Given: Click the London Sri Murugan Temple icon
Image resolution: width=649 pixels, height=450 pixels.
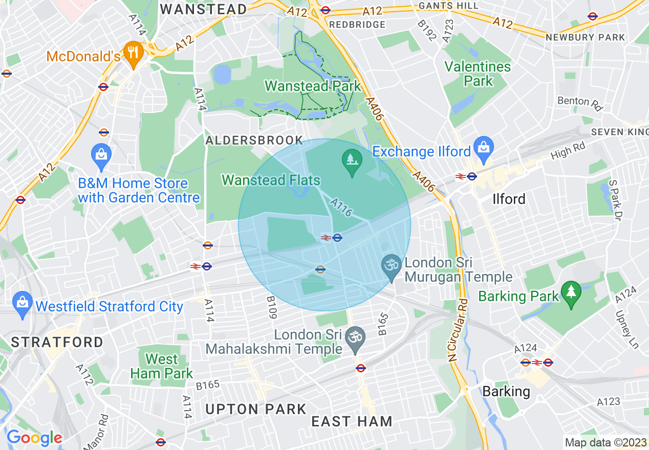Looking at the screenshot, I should pyautogui.click(x=392, y=266).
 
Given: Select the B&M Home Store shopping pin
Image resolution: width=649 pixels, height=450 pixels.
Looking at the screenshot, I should pyautogui.click(x=101, y=155).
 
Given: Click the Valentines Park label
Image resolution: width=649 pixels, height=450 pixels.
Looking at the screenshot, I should pyautogui.click(x=478, y=74).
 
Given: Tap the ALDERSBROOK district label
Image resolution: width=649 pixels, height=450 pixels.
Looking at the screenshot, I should pyautogui.click(x=254, y=141).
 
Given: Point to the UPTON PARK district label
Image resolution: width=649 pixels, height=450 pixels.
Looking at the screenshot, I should pyautogui.click(x=255, y=409).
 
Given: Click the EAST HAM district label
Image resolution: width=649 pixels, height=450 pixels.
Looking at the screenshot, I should pyautogui.click(x=352, y=421).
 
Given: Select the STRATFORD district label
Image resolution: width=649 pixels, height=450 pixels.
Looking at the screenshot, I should pyautogui.click(x=57, y=342).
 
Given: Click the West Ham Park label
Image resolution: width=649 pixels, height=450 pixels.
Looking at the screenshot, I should pyautogui.click(x=162, y=366).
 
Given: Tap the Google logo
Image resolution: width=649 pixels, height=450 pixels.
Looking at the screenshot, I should pyautogui.click(x=34, y=438).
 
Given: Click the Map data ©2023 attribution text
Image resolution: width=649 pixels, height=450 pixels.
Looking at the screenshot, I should pyautogui.click(x=605, y=442).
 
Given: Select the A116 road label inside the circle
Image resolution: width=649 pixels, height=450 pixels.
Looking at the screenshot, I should pyautogui.click(x=341, y=207).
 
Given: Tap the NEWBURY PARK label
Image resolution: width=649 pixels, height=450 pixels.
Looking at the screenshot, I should pyautogui.click(x=585, y=37).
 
